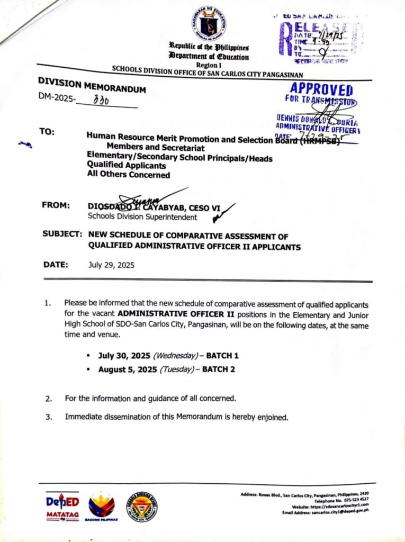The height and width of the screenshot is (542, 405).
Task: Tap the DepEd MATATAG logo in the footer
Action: tap(63, 506)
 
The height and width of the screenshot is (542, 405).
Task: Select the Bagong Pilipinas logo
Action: tap(101, 507)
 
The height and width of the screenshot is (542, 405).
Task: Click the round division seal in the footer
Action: tap(141, 507)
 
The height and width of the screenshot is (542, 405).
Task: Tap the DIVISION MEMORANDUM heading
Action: tap(92, 86)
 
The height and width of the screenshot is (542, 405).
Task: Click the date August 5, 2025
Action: tap(128, 369)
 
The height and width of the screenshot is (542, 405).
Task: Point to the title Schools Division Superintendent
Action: tap(142, 216)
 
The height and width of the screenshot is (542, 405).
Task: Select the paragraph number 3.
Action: tap(48, 417)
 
